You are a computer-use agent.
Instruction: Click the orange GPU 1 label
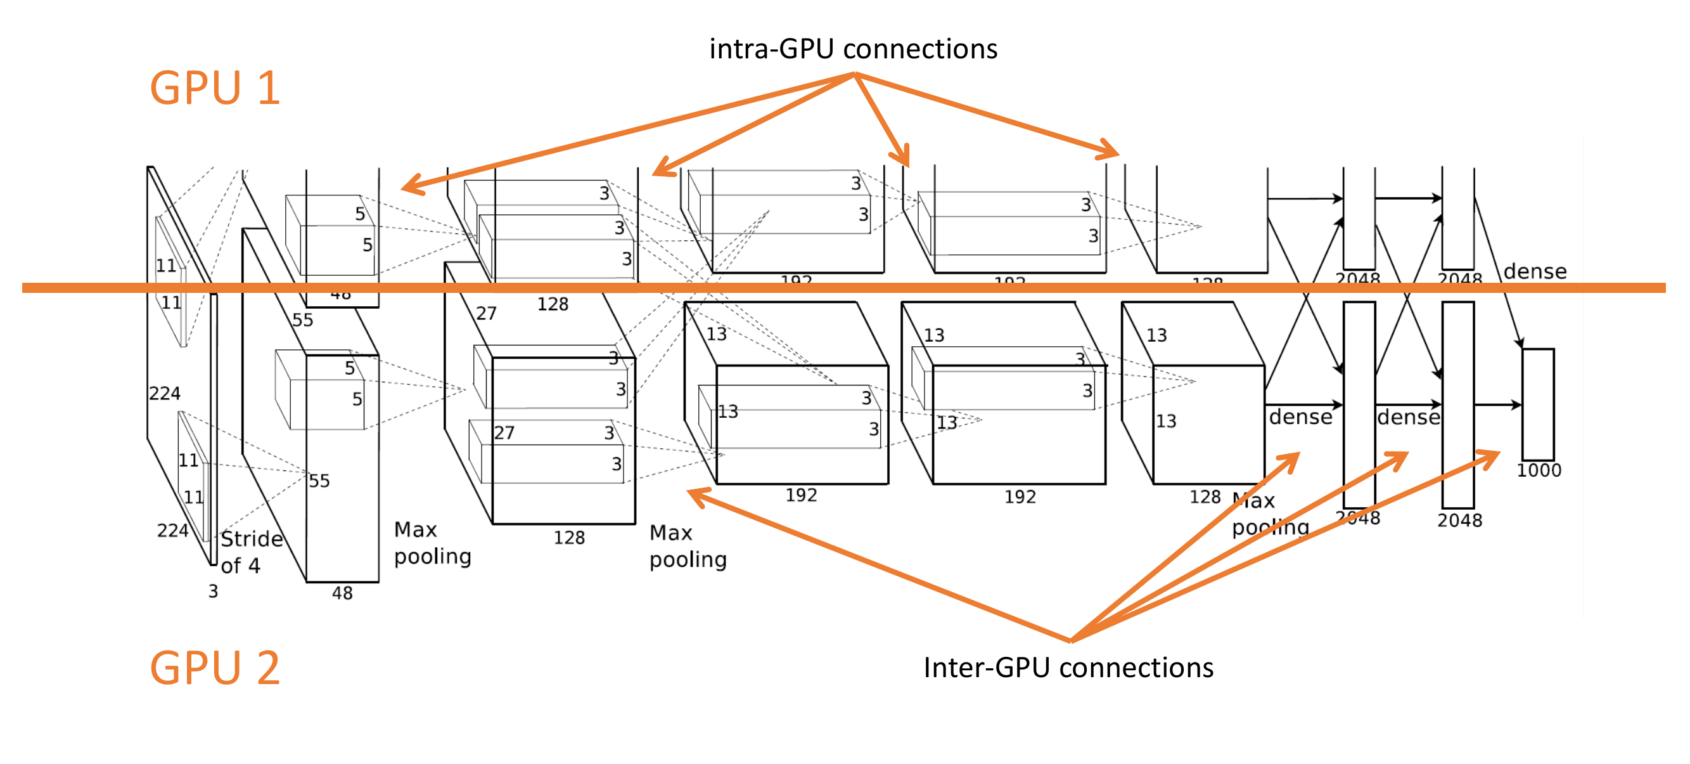215,88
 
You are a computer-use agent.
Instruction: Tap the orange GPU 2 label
215,668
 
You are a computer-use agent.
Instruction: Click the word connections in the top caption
920,49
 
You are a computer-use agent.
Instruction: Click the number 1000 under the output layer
1539,470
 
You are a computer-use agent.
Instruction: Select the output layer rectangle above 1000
1538,405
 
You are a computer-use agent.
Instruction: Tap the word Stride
252,540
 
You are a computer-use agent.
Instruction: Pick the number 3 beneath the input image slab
213,592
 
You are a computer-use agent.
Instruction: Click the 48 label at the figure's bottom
342,593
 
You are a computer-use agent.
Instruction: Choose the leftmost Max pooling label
432,543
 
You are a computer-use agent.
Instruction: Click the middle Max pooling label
688,546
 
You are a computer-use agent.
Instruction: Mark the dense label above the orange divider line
1535,272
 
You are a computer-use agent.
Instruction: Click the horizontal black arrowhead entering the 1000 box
1516,405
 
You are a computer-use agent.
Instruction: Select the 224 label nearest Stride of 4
172,530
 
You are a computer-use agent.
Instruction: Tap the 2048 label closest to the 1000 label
1460,521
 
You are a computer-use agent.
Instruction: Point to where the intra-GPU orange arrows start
855,74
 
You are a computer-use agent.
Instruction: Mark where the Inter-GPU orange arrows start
1071,640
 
